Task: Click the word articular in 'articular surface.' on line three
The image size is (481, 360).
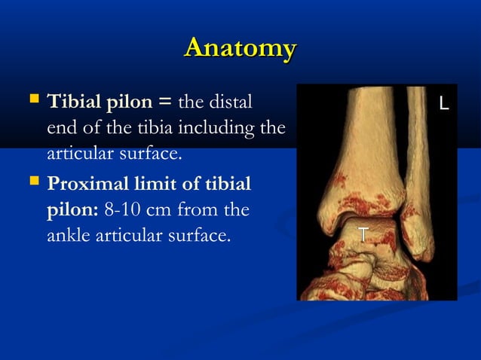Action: coord(75,154)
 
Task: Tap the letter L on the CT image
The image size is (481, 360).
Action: coord(444,104)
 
